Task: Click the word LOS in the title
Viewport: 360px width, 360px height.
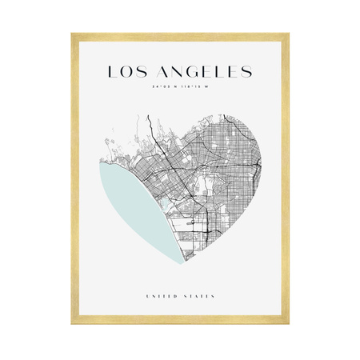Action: point(126,73)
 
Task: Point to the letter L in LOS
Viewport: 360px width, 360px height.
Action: point(112,73)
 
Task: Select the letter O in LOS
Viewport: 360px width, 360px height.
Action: point(126,73)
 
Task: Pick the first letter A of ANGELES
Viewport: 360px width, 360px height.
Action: point(157,73)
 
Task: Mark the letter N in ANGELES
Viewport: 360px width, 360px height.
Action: point(174,73)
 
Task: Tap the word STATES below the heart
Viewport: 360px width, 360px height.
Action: point(199,296)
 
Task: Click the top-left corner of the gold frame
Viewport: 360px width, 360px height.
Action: point(73,35)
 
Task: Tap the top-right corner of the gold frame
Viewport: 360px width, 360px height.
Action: point(287,35)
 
